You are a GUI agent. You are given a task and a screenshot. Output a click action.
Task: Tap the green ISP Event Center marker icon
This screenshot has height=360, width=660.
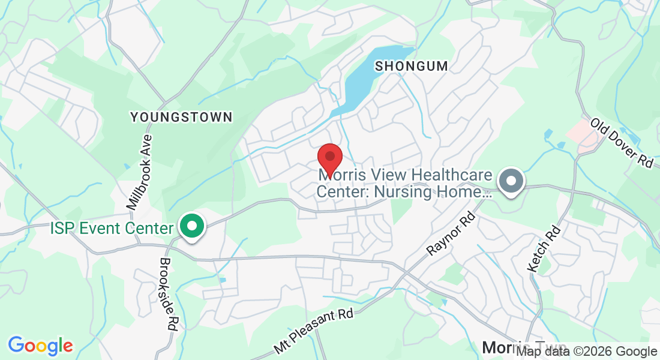coord(193,227)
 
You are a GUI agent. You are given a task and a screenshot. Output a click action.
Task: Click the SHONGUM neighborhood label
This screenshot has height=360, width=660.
coord(412,66)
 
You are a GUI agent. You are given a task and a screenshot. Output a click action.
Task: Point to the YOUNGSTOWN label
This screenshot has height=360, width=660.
coord(181,117)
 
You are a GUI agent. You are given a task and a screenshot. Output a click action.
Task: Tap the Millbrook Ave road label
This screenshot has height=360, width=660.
coord(140,172)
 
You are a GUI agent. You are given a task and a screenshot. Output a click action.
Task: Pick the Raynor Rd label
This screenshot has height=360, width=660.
coord(450,233)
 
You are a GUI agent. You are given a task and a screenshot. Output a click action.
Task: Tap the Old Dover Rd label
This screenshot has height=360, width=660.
coord(621,143)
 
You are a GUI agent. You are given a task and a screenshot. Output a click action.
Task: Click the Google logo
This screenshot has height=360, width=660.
coord(40,346)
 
